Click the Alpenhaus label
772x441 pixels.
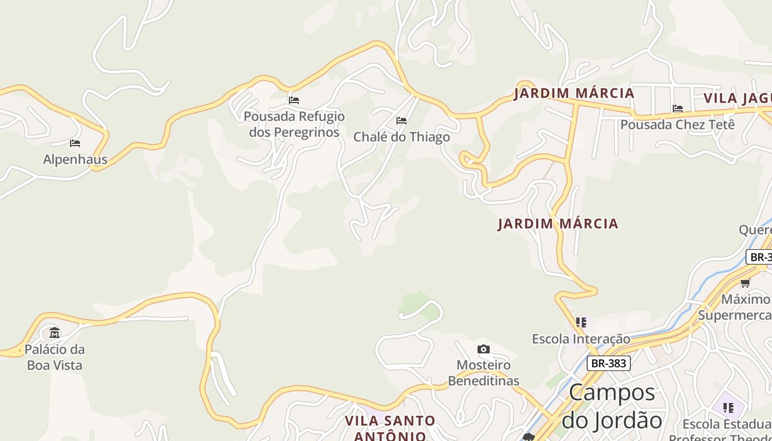(75, 160)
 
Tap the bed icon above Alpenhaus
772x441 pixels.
(75, 143)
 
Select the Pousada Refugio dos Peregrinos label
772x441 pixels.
(294, 125)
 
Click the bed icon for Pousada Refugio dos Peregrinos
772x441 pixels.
(294, 100)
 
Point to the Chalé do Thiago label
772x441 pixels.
(401, 137)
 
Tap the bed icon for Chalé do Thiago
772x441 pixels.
(401, 120)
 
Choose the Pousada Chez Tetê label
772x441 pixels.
(677, 125)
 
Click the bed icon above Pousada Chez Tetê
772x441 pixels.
(678, 109)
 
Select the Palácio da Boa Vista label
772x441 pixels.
(55, 357)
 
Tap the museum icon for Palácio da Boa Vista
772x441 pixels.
(55, 332)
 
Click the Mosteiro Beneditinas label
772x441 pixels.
(484, 373)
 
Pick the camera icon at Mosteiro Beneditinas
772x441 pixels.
(484, 349)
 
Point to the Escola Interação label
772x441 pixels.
(581, 339)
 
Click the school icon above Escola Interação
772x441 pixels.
(581, 322)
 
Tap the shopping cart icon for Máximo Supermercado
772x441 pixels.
(746, 283)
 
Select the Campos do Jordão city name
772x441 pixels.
(612, 406)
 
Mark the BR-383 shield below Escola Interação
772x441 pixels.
(608, 363)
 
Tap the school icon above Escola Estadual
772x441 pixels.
(728, 408)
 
